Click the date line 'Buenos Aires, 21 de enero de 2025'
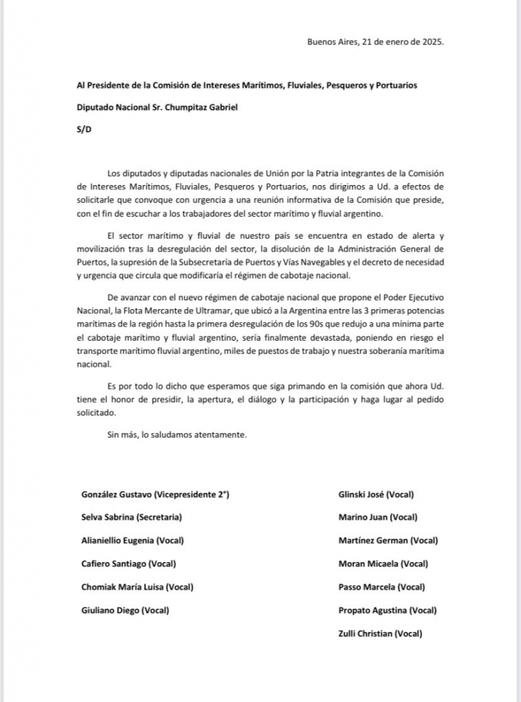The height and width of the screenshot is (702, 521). (375, 41)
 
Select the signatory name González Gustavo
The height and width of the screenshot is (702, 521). (117, 494)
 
